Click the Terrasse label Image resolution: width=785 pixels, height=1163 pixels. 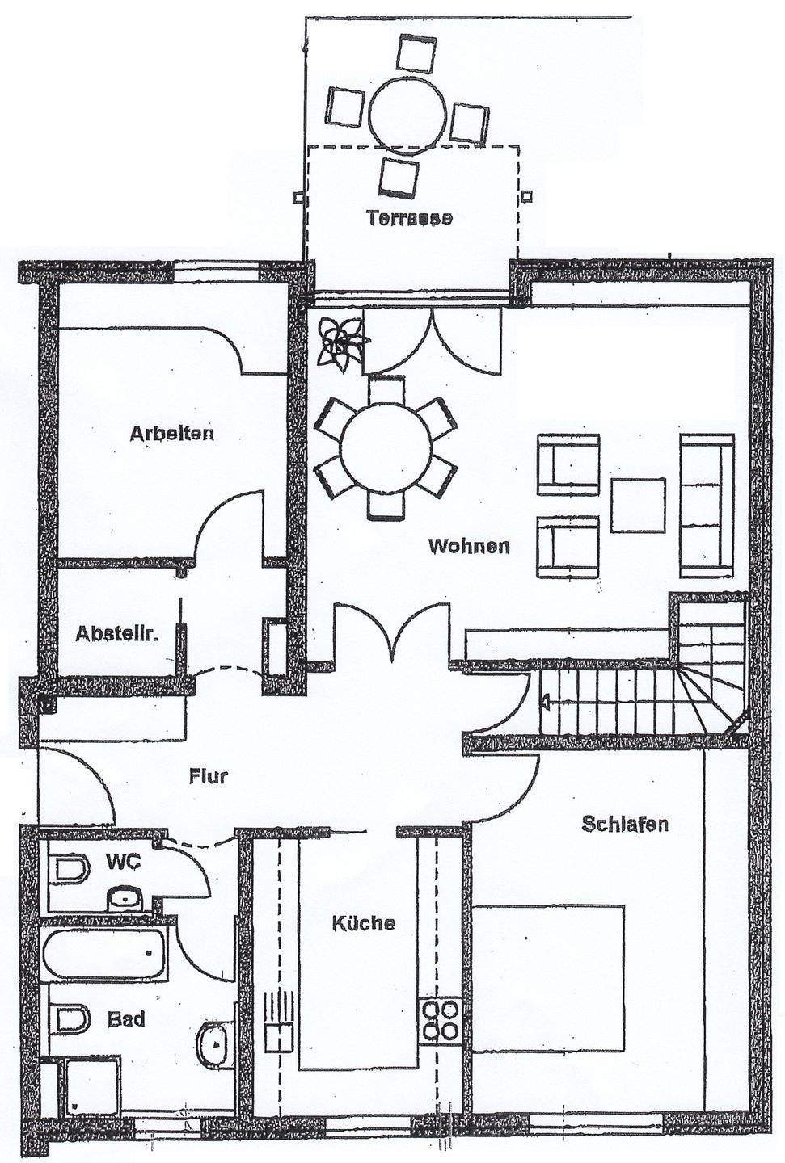pos(408,217)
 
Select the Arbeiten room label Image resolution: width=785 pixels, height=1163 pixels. pos(172,434)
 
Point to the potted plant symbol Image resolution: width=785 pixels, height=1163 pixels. pos(340,343)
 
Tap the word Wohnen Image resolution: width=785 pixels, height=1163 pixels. pos(469,547)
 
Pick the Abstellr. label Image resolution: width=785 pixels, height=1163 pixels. pos(116,633)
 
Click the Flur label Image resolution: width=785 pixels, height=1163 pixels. pos(209,778)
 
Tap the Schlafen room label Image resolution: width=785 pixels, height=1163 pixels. pos(624,825)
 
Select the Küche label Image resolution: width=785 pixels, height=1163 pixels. pos(364,923)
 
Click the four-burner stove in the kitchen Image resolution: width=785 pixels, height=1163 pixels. pos(440,1020)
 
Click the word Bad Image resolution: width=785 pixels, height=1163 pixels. pos(126,1020)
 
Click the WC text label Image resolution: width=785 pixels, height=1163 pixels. pos(125,862)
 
